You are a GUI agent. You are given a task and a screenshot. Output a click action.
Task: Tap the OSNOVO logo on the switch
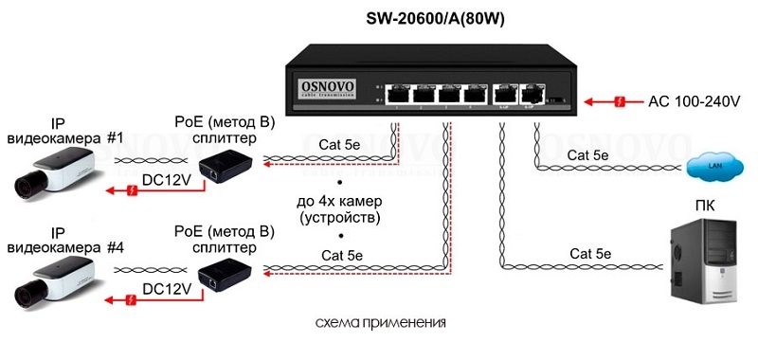pos(328,88)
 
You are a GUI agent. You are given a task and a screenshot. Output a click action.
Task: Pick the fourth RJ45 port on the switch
pos(476,94)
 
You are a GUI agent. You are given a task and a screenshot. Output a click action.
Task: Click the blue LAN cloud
pos(714,167)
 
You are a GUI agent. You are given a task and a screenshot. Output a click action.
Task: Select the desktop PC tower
pos(703,261)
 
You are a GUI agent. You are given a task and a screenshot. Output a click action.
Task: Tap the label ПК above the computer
pos(704,207)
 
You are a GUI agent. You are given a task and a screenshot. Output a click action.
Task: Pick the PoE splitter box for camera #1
pos(226,166)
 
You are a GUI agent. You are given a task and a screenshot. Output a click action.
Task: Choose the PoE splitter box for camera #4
pos(226,275)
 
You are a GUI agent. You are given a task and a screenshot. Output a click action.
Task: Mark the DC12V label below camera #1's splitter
pos(167,180)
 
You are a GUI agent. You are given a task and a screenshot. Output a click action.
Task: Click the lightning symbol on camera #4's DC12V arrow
pos(131,300)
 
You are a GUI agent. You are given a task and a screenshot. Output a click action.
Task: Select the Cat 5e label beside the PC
pos(589,254)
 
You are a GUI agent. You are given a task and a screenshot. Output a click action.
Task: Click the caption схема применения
pos(380,323)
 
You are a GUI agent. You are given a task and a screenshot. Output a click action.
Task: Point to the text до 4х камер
pos(340,201)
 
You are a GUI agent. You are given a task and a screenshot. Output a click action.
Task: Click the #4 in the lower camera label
pos(115,247)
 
